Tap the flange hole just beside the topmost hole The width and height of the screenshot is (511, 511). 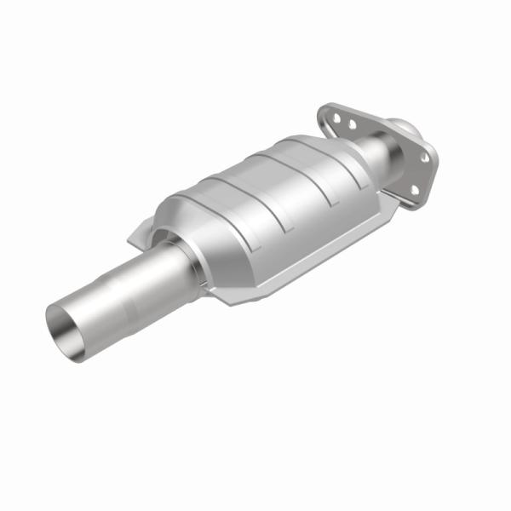pyautogui.click(x=352, y=126)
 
